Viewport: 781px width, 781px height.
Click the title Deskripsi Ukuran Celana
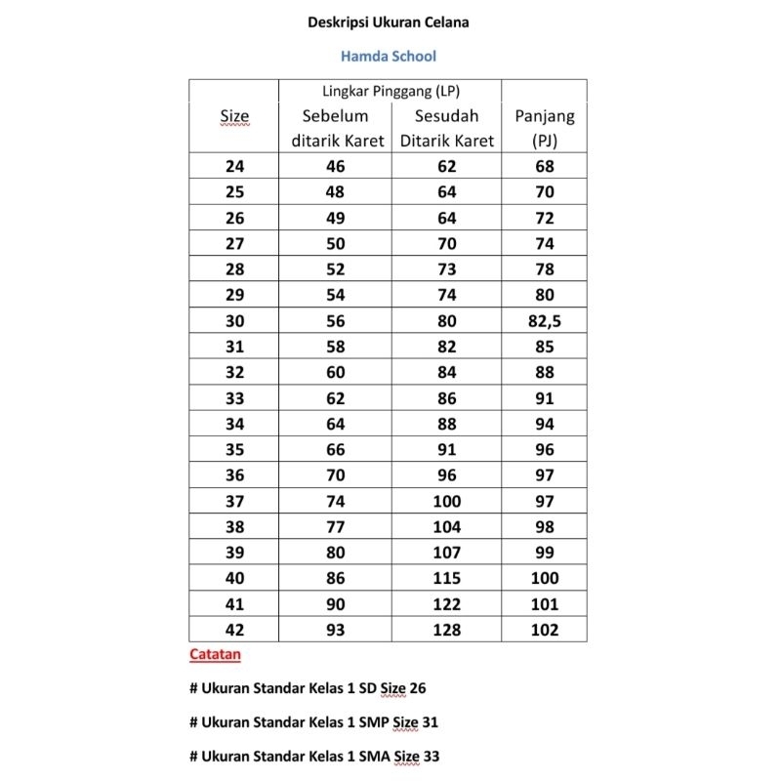(389, 21)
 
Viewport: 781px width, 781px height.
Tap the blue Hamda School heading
(389, 56)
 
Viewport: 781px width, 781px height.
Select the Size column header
(234, 116)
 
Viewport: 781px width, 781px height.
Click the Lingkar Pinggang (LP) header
(390, 92)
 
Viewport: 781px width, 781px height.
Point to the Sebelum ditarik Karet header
(336, 128)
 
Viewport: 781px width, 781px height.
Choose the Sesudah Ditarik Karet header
(447, 128)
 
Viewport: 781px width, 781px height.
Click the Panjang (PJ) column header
(544, 128)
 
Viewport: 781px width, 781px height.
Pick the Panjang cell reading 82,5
(544, 320)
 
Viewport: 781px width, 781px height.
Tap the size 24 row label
(234, 166)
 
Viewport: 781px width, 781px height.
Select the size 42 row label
(234, 630)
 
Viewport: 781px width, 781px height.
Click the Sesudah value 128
(447, 630)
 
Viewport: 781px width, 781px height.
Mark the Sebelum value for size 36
(336, 475)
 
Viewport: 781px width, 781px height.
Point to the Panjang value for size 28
(544, 268)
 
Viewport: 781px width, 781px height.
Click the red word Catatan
(215, 654)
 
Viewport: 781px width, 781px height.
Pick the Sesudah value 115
(447, 578)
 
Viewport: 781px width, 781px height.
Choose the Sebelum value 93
(336, 630)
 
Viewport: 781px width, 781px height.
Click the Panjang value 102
(544, 630)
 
